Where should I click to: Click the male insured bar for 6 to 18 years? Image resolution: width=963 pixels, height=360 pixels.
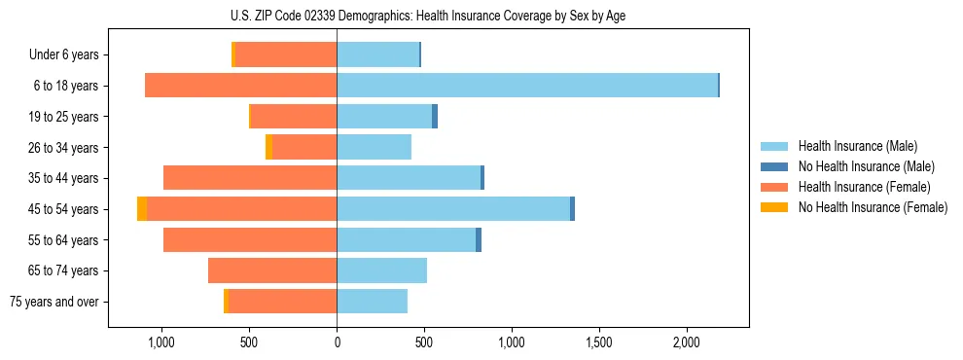pyautogui.click(x=527, y=86)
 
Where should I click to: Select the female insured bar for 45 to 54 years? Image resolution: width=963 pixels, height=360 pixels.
pyautogui.click(x=242, y=209)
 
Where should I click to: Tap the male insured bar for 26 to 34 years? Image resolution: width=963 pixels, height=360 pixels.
pyautogui.click(x=374, y=148)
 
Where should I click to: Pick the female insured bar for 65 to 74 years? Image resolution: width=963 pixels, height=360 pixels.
pyautogui.click(x=272, y=270)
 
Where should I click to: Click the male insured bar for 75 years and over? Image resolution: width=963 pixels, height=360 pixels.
pyautogui.click(x=373, y=302)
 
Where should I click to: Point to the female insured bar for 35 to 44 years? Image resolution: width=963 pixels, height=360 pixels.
pyautogui.click(x=250, y=178)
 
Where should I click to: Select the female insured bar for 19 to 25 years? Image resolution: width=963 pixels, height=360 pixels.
pyautogui.click(x=294, y=117)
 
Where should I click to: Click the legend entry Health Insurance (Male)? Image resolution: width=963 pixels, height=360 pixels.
pyautogui.click(x=851, y=146)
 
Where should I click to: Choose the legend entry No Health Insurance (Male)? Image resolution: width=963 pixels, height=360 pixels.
pyautogui.click(x=860, y=166)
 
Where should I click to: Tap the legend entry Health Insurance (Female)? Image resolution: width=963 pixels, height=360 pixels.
pyautogui.click(x=857, y=187)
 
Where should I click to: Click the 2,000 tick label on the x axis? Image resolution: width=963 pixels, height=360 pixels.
pyautogui.click(x=687, y=342)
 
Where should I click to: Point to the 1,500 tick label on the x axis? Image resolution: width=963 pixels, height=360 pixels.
pyautogui.click(x=599, y=342)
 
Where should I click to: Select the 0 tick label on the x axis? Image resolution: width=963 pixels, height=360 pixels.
pyautogui.click(x=337, y=342)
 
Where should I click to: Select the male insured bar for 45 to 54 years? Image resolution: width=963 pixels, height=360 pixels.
pyautogui.click(x=453, y=209)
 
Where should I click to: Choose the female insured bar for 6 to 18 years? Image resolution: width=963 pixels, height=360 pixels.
pyautogui.click(x=241, y=86)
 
